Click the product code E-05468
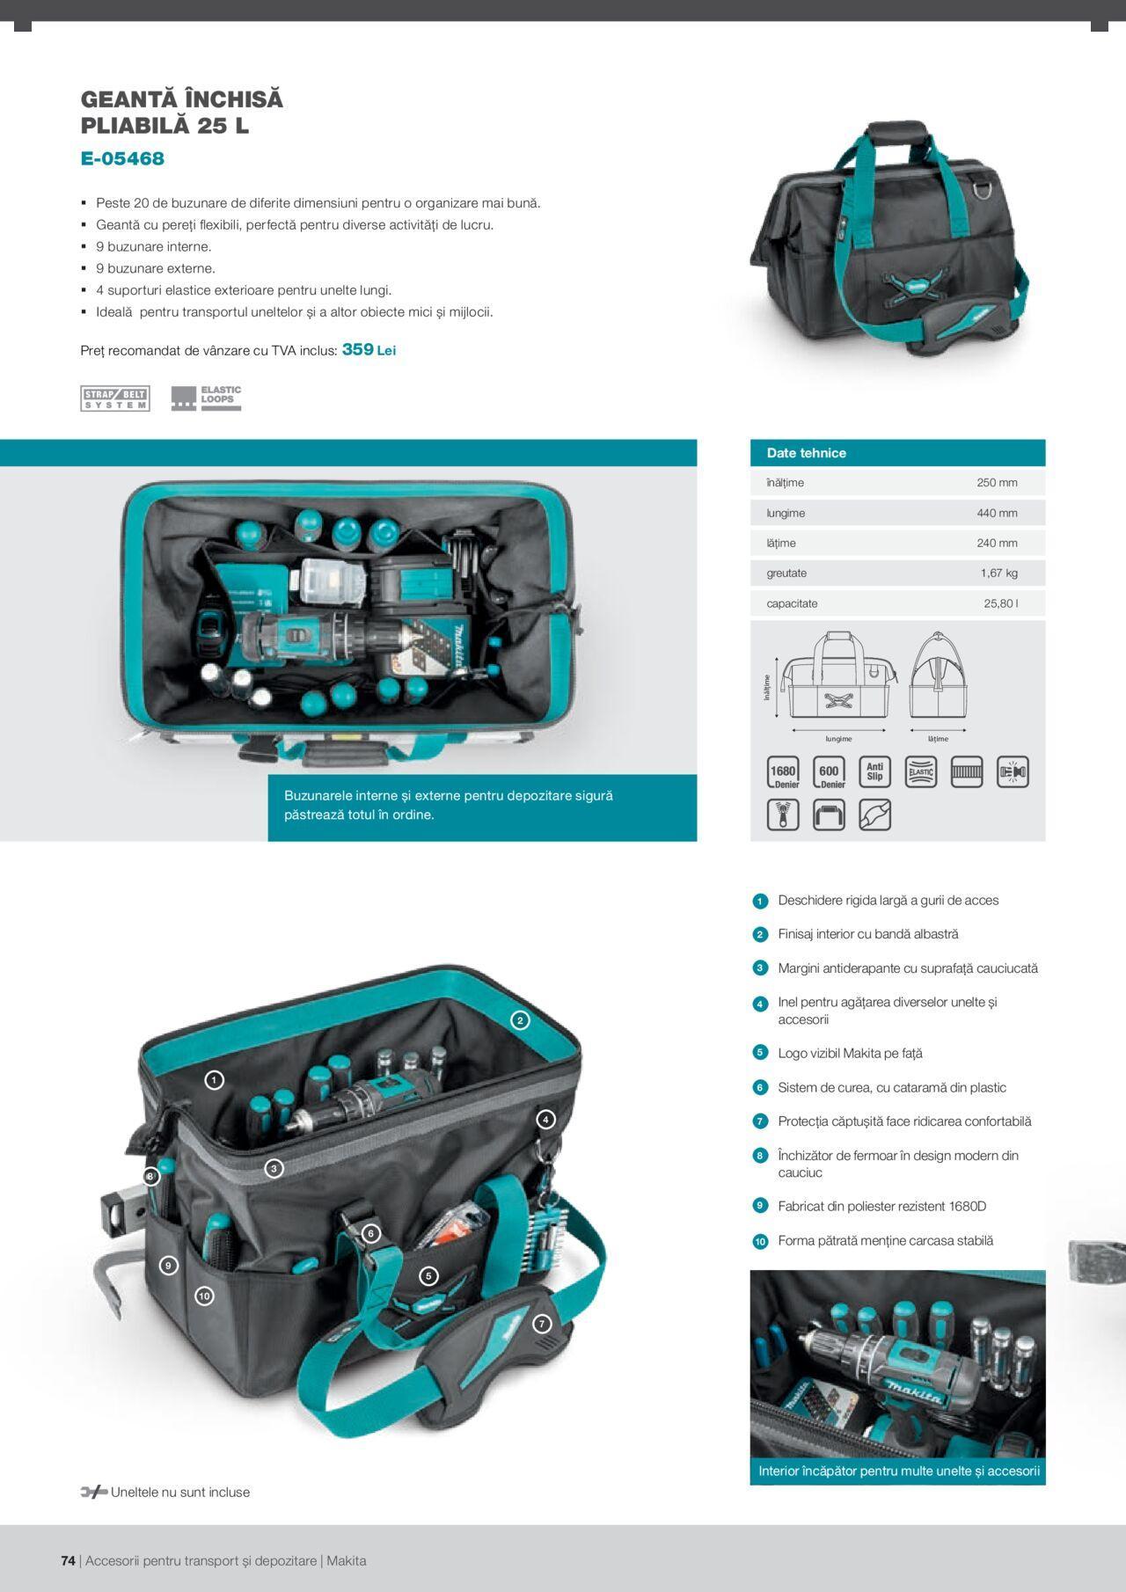tap(122, 158)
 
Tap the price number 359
tap(357, 349)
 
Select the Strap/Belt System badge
tap(115, 398)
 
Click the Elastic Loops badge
tap(206, 398)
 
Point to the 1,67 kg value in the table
tap(998, 573)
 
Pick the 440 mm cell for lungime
tap(997, 513)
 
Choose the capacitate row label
tap(792, 603)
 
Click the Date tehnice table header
tap(806, 453)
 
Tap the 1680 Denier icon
tap(783, 772)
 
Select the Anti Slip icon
tap(874, 772)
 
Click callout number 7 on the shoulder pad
tap(542, 1323)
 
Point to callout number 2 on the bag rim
tap(520, 1020)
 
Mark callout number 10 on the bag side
tap(204, 1296)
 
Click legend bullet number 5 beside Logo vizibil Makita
tap(760, 1053)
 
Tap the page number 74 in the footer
tap(68, 1560)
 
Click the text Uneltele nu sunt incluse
tap(180, 1492)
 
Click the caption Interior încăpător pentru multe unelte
tap(899, 1471)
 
